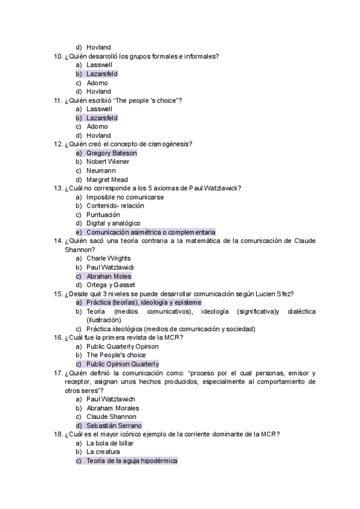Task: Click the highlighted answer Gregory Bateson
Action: point(112,153)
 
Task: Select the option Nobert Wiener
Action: point(108,162)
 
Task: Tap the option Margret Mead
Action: point(107,179)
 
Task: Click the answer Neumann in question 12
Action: point(101,171)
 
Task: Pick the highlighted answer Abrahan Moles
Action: point(109,276)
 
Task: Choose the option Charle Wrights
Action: point(108,259)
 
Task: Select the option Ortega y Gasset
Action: point(110,285)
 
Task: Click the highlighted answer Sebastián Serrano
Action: point(114,426)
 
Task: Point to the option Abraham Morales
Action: point(112,408)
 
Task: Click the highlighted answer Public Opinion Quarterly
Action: point(122,364)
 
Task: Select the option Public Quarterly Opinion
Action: point(122,346)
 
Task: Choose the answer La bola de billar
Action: point(110,443)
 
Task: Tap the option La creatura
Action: point(103,452)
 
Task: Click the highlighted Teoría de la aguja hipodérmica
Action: point(132,461)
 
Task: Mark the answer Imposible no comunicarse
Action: point(125,197)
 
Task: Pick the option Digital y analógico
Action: point(114,223)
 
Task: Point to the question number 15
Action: point(58,294)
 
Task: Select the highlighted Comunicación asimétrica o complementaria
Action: point(151,232)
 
